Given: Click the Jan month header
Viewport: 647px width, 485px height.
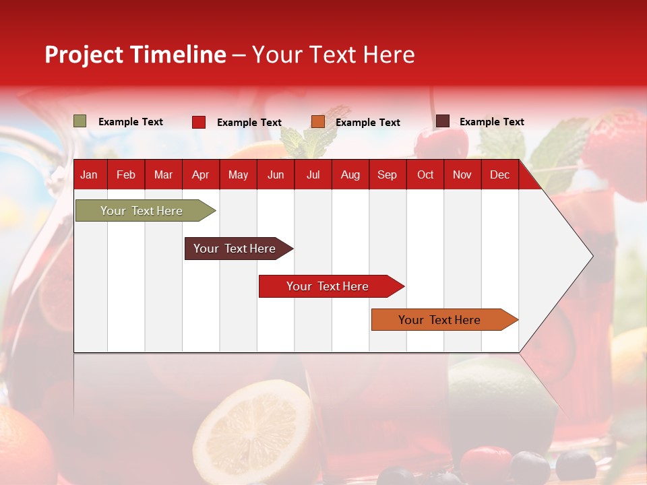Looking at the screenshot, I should [89, 175].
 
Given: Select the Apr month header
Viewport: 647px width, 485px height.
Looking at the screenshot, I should [201, 175].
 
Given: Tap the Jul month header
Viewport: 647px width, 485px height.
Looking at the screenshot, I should [313, 175].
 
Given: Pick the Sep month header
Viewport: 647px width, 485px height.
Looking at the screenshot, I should [387, 175].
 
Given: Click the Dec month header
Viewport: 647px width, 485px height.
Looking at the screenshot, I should [499, 175].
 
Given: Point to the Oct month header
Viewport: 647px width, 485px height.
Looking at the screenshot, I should [425, 175].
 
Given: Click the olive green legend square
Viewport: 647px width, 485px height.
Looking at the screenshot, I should [80, 121].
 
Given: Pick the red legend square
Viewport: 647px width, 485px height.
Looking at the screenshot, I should [199, 122].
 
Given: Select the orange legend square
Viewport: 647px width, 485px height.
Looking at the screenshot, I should [318, 122].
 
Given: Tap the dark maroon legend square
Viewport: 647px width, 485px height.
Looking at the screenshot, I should [443, 121].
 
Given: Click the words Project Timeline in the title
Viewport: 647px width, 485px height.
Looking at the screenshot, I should [135, 55].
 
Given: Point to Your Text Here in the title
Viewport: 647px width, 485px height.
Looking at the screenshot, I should [334, 55].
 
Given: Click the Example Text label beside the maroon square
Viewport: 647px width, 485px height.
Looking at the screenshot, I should [491, 122].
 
